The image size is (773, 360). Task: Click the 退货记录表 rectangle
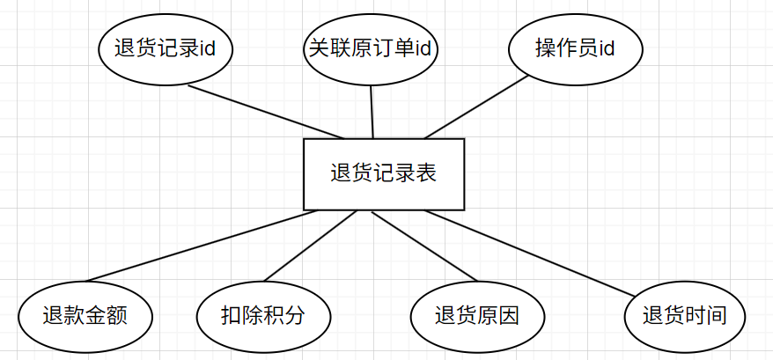(x=383, y=174)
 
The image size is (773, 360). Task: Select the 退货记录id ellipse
(x=165, y=48)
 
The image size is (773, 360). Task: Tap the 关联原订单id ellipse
(x=371, y=48)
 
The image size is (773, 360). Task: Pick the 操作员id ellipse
(x=576, y=48)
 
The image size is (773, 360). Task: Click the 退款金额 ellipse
(x=85, y=315)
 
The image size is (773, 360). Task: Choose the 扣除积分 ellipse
(x=263, y=315)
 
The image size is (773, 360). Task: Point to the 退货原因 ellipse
(x=477, y=315)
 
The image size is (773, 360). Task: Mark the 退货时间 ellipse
(x=684, y=315)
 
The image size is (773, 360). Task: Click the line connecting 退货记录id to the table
(x=264, y=112)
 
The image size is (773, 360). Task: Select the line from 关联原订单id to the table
(x=372, y=112)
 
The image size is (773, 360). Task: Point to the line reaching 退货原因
(x=431, y=246)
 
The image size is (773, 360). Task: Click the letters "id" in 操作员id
(x=606, y=48)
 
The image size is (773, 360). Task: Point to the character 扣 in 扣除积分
(x=232, y=315)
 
